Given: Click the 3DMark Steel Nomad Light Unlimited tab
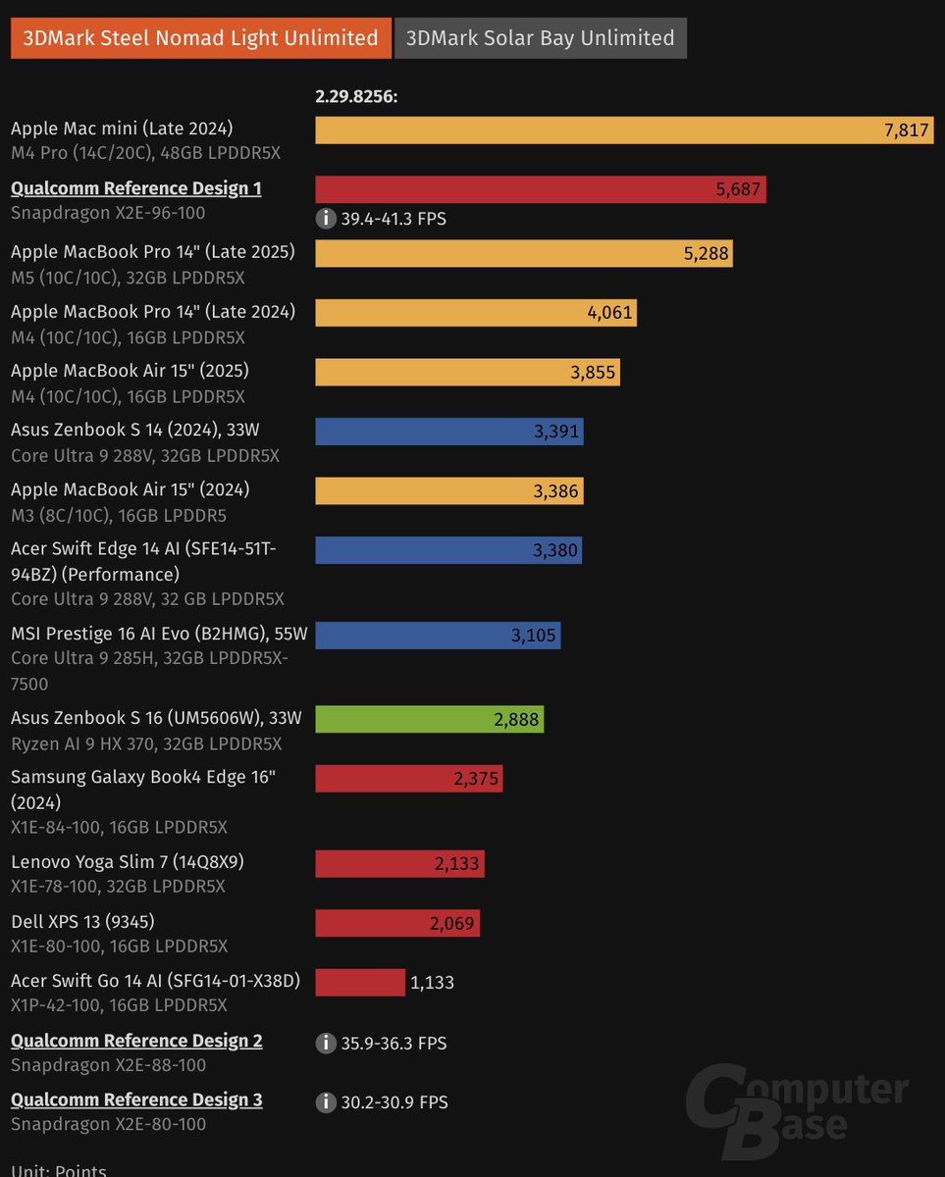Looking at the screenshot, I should [x=201, y=38].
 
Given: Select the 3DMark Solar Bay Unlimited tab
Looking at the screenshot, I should [x=540, y=38].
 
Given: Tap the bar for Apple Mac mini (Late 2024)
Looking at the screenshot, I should [x=623, y=130].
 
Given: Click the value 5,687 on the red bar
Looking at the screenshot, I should [x=738, y=189].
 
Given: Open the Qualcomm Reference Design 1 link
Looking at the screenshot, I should [x=135, y=188].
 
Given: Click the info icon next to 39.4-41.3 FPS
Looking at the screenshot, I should [x=326, y=219].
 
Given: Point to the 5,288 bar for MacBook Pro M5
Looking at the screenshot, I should [x=523, y=253].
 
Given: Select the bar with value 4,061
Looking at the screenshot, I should [x=475, y=313].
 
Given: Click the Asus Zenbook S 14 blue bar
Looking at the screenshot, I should [x=448, y=432].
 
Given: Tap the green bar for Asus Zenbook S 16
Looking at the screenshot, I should [x=429, y=719].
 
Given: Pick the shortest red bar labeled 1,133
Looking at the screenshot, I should [x=359, y=982].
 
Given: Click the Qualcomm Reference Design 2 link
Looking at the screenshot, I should [x=136, y=1041].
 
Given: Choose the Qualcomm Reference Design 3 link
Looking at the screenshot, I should [x=136, y=1100].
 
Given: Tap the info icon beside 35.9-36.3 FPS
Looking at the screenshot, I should [x=326, y=1044].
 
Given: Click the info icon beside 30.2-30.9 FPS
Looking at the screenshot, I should [x=326, y=1102].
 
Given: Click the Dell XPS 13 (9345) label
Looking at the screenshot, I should [x=82, y=921].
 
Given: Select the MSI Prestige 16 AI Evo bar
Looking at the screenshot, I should [x=438, y=636].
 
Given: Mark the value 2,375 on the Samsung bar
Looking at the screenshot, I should [x=476, y=779].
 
